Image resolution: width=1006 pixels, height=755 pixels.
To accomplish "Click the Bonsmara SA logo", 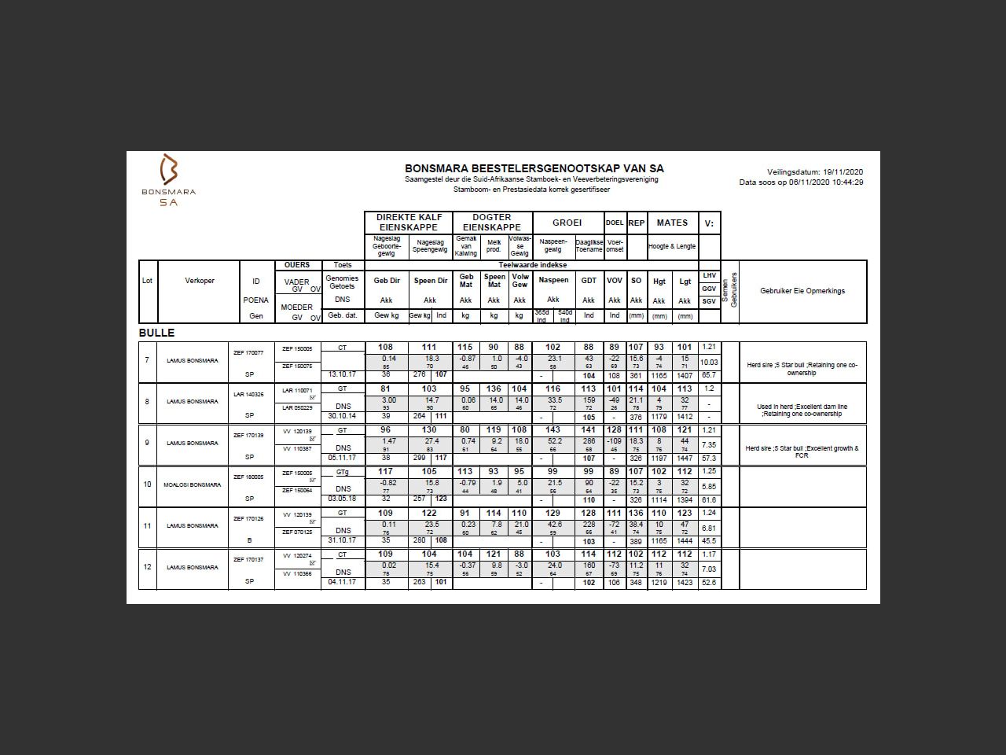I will [x=169, y=179].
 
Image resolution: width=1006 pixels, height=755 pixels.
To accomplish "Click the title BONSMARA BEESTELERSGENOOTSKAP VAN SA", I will [x=534, y=168].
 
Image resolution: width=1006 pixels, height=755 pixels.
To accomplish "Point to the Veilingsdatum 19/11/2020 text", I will [x=815, y=172].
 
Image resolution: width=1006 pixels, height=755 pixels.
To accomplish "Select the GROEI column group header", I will [x=567, y=223].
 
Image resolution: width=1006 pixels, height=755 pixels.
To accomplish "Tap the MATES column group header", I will [x=672, y=223].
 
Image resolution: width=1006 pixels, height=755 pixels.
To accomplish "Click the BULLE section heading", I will [x=156, y=333].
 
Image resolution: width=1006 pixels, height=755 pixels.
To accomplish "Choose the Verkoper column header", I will [x=200, y=281].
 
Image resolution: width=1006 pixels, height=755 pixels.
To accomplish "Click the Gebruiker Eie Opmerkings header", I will [x=802, y=291].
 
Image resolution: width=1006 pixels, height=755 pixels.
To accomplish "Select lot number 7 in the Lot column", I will [x=147, y=360].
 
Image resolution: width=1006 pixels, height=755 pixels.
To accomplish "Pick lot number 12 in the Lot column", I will [x=147, y=567].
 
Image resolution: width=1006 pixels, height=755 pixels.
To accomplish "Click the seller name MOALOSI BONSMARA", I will [x=193, y=484].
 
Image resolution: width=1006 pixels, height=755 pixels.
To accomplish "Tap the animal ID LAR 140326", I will [x=248, y=394].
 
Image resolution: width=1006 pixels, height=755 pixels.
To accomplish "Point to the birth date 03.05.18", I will [x=342, y=499].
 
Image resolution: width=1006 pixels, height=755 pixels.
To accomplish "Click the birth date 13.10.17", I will [x=342, y=374].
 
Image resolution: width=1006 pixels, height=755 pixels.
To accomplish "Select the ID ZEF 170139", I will [x=248, y=435].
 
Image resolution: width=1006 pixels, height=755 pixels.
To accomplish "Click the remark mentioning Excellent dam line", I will [x=802, y=411].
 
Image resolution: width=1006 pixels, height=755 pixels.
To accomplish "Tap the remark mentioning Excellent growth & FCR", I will [x=802, y=451].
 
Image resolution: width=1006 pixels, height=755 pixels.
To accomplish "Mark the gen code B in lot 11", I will [x=249, y=540].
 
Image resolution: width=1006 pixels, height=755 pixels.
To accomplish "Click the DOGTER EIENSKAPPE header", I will [x=492, y=223].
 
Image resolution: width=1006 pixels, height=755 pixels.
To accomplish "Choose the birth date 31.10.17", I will [x=342, y=540].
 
